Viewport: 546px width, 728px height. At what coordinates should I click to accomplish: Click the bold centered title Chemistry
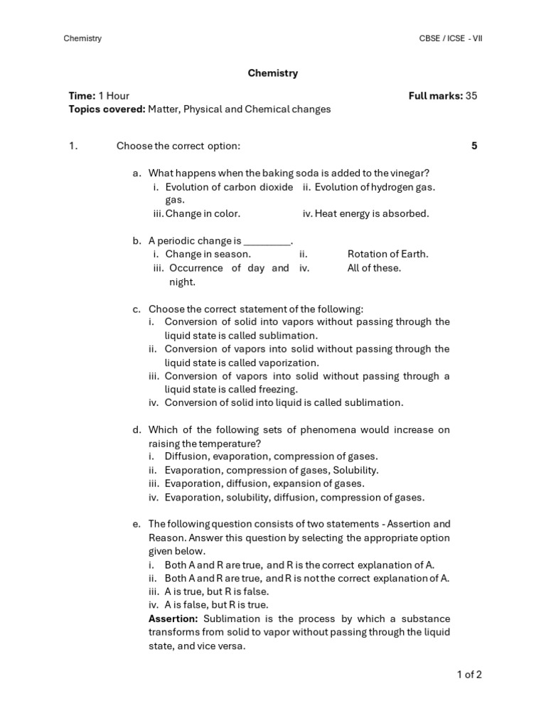pyautogui.click(x=272, y=73)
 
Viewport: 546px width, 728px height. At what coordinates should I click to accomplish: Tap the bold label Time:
pyautogui.click(x=82, y=96)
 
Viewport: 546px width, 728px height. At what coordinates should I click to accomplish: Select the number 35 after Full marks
pyautogui.click(x=471, y=96)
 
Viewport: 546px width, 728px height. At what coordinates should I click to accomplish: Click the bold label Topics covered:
pyautogui.click(x=107, y=109)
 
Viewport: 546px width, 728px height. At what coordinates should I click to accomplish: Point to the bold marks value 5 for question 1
pyautogui.click(x=474, y=146)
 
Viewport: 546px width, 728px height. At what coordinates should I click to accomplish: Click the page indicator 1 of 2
pyautogui.click(x=469, y=675)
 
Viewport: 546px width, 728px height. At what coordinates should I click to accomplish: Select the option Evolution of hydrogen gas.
pyautogui.click(x=375, y=187)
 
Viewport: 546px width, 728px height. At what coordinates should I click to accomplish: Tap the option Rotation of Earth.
pyautogui.click(x=387, y=255)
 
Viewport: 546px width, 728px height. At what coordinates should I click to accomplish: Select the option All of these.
pyautogui.click(x=374, y=268)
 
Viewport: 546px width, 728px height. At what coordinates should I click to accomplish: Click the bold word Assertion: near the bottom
pyautogui.click(x=173, y=619)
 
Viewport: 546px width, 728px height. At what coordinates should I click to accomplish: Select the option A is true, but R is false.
pyautogui.click(x=217, y=591)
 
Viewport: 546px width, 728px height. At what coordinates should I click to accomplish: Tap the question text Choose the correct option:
pyautogui.click(x=178, y=146)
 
